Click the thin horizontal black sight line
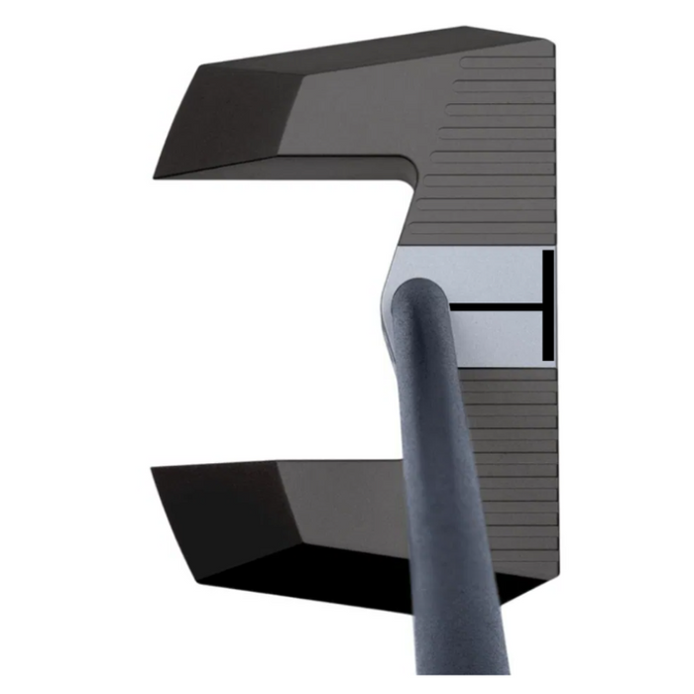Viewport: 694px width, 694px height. point(496,308)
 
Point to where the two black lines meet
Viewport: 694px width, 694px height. point(544,308)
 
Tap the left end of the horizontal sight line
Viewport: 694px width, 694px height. point(451,308)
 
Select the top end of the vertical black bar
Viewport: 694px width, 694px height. point(548,252)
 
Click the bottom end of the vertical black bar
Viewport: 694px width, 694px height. point(548,359)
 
